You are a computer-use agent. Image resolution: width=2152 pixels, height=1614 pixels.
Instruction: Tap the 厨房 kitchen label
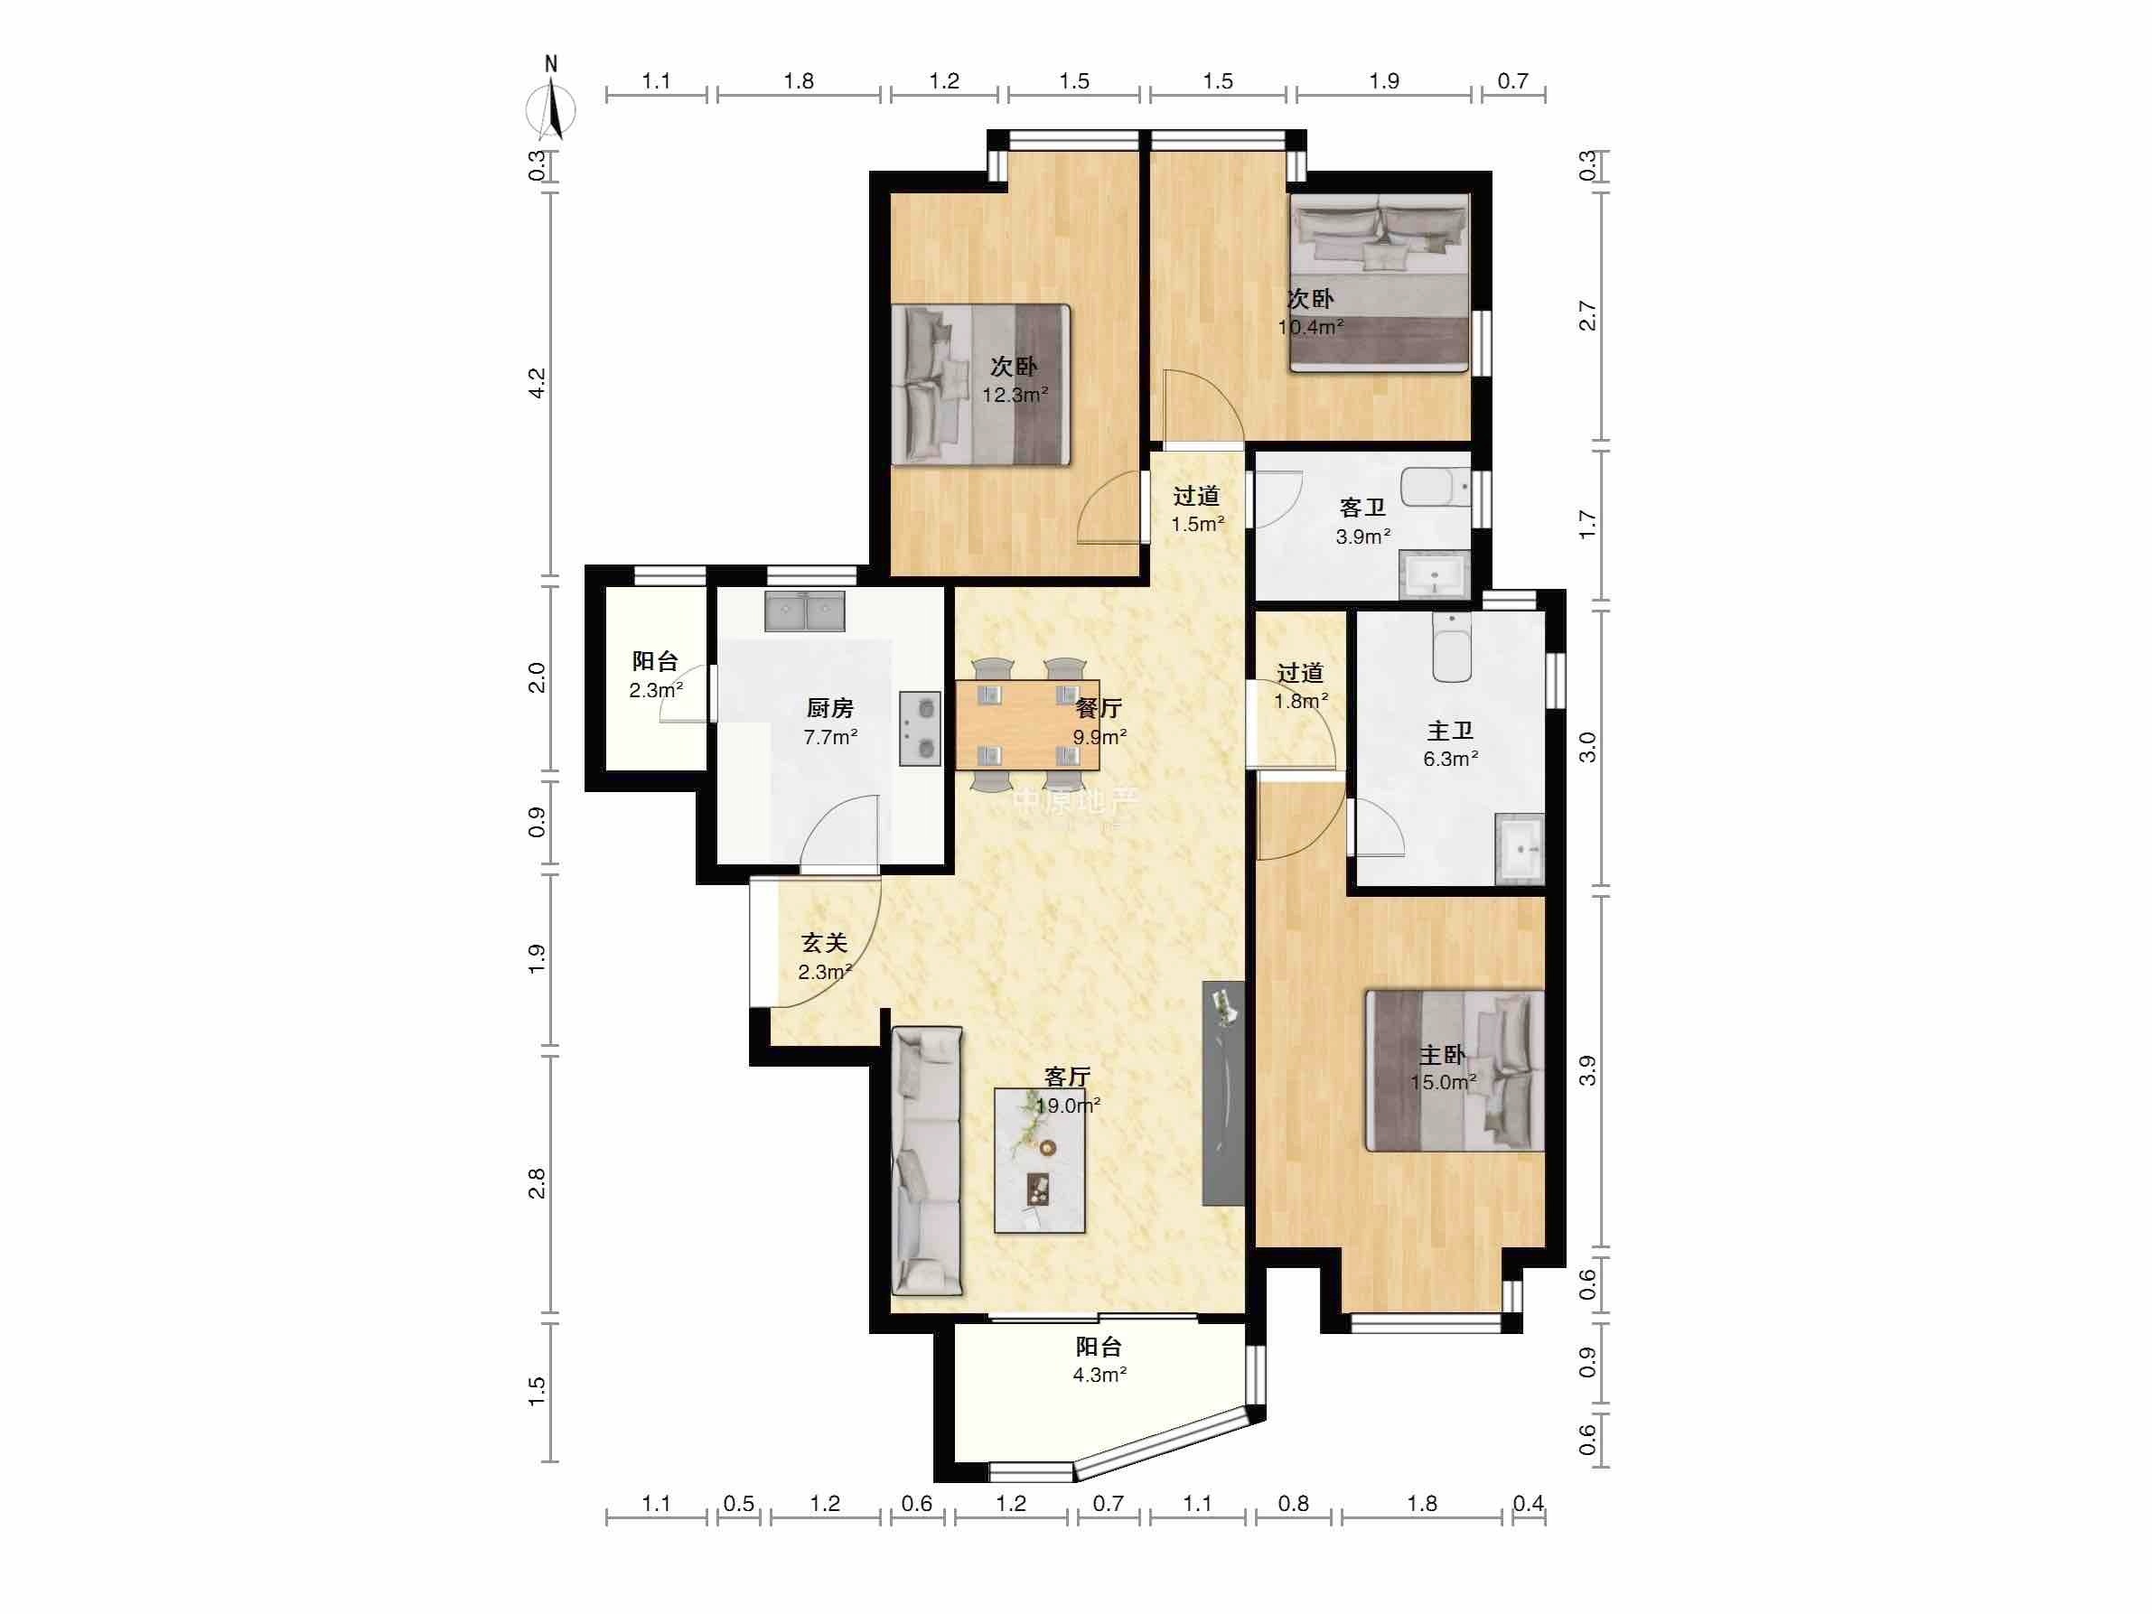click(830, 708)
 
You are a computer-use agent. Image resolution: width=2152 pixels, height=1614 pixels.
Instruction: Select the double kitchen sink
click(805, 611)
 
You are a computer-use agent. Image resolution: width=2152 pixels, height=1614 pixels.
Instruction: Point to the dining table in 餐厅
click(1028, 724)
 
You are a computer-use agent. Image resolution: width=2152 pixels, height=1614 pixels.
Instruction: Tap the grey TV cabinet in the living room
click(1224, 1094)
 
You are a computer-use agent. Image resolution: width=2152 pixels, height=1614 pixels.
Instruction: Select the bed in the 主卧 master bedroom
click(1455, 1071)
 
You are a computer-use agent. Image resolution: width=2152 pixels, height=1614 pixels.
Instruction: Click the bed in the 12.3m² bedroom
click(980, 384)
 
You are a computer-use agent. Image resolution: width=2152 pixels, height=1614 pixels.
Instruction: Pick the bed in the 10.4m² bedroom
click(1380, 282)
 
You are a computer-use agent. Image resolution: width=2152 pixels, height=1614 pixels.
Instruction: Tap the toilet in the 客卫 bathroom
click(1435, 488)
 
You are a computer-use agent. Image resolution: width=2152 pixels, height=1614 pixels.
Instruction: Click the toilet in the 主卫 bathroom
click(1450, 647)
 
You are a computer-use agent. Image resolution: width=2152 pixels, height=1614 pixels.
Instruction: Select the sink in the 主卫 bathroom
click(1520, 848)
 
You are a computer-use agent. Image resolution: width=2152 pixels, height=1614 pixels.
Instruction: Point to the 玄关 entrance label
click(824, 943)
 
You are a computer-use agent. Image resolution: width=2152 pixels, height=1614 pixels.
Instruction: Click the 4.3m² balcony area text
click(1099, 1375)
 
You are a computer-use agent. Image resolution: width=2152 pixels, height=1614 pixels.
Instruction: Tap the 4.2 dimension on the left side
click(537, 382)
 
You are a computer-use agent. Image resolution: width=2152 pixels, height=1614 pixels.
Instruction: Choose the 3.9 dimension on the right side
click(1586, 1071)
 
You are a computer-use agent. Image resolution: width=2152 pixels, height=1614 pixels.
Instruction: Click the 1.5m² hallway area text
click(1197, 525)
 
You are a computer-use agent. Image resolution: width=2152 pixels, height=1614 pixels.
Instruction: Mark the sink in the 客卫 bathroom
click(1434, 575)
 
